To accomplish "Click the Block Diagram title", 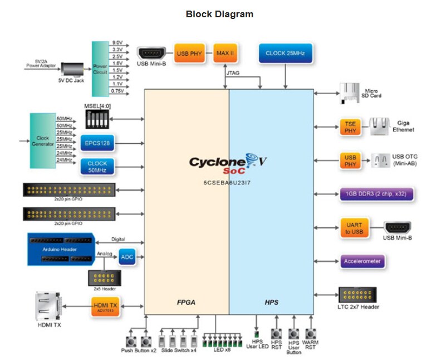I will [x=219, y=14].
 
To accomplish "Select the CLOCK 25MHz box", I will [x=286, y=53].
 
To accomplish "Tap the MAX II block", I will [x=225, y=53].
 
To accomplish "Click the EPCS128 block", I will [x=98, y=143].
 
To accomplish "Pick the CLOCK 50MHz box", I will [x=98, y=167].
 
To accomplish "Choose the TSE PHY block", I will [x=350, y=127].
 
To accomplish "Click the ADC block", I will [x=127, y=257].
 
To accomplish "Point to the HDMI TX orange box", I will [x=106, y=306].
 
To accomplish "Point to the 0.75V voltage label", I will [x=117, y=90].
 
